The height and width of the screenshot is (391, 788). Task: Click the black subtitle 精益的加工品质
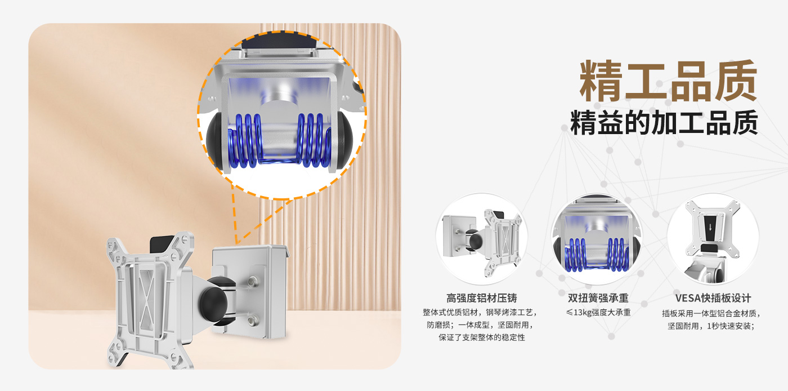(664, 123)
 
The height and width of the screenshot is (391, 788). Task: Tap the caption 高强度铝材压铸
(482, 299)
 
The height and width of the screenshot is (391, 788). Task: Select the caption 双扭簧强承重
(598, 298)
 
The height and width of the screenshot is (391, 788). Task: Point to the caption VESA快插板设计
(713, 298)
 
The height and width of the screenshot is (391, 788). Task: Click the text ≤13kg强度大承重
(598, 313)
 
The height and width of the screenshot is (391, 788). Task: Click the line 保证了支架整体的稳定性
(482, 337)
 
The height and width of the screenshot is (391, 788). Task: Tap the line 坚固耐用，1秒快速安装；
(711, 326)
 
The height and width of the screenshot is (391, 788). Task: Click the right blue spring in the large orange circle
(314, 140)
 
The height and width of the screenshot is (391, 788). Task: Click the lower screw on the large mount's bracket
(252, 320)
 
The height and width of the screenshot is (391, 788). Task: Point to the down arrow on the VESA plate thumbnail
(710, 228)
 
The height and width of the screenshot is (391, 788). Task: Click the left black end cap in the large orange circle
(214, 140)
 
